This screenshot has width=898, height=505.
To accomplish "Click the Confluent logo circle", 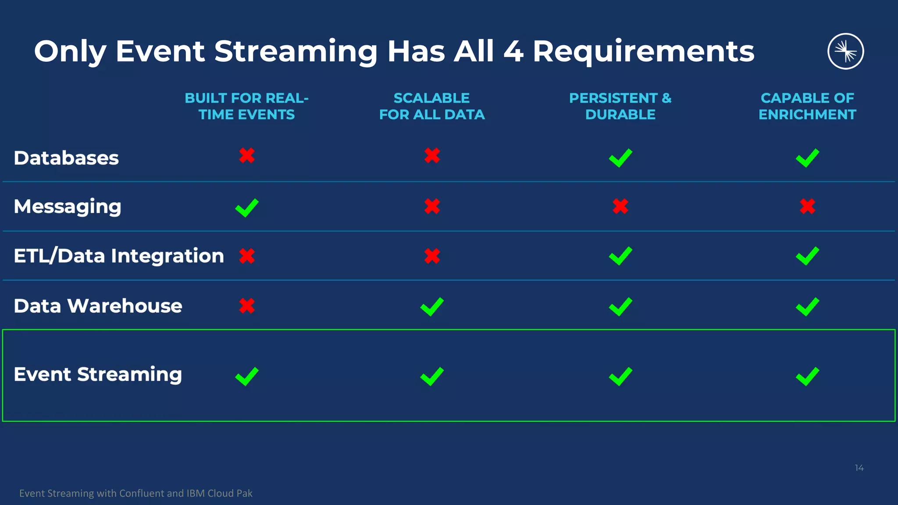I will click(x=845, y=51).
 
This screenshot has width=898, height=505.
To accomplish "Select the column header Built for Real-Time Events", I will click(x=246, y=106).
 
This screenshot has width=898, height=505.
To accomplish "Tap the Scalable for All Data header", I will click(x=432, y=106).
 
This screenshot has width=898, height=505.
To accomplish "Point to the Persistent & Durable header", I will click(x=620, y=106).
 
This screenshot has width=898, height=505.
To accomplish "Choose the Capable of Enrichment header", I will click(x=807, y=106).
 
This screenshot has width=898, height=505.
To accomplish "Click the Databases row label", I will click(x=66, y=158).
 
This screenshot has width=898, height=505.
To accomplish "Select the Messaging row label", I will click(x=68, y=206).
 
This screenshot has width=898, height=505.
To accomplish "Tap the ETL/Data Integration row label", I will click(x=119, y=256).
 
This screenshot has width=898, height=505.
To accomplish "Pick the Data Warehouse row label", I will click(x=98, y=306).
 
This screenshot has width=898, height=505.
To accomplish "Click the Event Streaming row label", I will click(x=98, y=374).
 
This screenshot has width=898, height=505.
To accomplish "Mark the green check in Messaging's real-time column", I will click(x=247, y=207).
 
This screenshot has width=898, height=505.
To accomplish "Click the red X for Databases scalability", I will click(x=432, y=155).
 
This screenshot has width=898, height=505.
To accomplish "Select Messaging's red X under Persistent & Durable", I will click(x=620, y=206).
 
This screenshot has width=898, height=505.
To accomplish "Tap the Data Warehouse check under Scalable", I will click(x=432, y=306).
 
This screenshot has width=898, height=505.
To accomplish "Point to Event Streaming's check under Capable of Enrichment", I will click(x=807, y=376).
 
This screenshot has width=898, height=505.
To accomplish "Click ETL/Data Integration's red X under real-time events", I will click(x=247, y=256).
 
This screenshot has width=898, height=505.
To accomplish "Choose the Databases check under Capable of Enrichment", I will click(x=807, y=158).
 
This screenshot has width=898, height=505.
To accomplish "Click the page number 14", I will click(x=859, y=468).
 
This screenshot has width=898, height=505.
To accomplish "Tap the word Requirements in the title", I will click(x=643, y=52).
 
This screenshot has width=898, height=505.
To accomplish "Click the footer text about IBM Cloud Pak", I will click(x=136, y=493).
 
